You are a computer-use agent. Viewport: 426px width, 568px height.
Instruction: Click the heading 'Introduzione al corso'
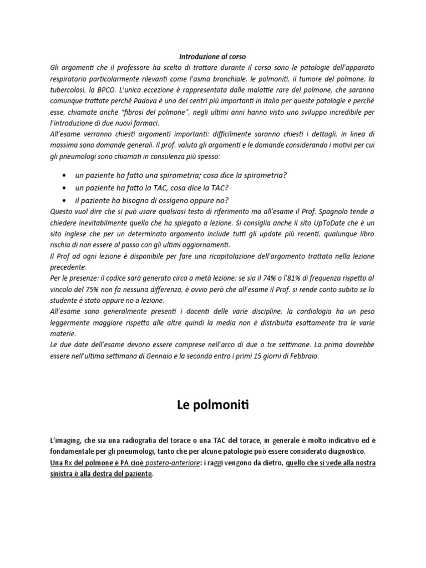click(x=212, y=57)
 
